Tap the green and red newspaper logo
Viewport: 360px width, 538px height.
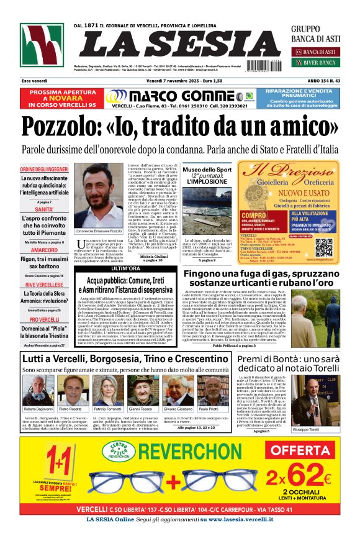(42, 45)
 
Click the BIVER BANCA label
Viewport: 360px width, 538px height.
(318, 62)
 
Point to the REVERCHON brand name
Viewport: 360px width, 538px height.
(180, 450)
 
